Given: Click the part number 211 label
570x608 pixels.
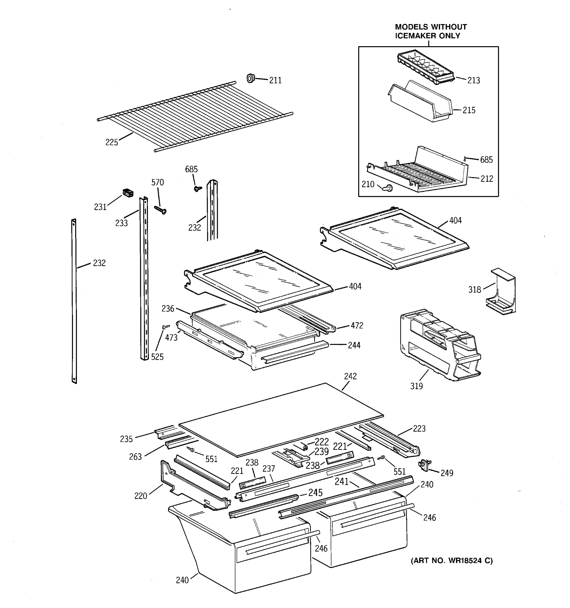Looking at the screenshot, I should (x=275, y=81).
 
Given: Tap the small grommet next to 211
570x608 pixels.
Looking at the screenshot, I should (x=251, y=78).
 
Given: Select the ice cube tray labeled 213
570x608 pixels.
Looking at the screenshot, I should (x=425, y=67).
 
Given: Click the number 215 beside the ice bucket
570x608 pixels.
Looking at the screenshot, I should (x=469, y=110).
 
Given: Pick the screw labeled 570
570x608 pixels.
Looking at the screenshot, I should (x=160, y=210).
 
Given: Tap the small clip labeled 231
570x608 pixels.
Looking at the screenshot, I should (x=128, y=193).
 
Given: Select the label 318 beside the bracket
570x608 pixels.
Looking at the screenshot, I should (x=474, y=289).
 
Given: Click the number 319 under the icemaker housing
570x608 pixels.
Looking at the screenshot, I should (x=416, y=386).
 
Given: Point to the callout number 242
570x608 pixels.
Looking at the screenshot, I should (x=350, y=376).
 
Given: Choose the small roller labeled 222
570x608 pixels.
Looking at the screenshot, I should (x=304, y=447).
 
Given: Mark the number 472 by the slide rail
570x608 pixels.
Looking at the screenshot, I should (x=356, y=326).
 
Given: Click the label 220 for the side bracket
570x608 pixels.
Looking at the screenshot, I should (x=141, y=496).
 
